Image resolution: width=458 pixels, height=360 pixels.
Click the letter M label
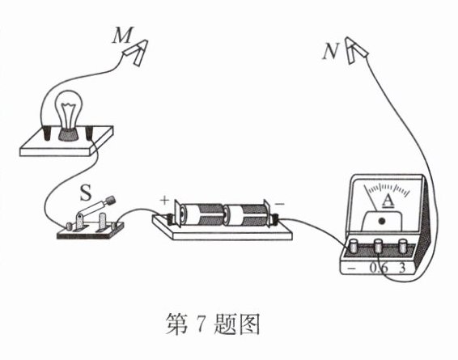coord(123,35)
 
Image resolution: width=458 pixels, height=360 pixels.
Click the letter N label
coord(330,53)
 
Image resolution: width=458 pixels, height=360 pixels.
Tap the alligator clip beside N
coord(355,50)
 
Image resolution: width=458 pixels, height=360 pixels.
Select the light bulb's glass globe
coord(70,108)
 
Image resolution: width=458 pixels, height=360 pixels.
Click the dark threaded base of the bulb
coord(69,134)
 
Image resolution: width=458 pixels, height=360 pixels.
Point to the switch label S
coord(86,193)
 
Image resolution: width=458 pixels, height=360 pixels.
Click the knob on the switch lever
coord(110,201)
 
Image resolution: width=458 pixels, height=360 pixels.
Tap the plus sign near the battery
coord(164,201)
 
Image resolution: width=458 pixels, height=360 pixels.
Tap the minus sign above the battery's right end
coord(279,204)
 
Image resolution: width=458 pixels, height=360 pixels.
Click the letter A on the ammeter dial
coord(388,201)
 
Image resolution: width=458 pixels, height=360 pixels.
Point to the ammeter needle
coord(370,197)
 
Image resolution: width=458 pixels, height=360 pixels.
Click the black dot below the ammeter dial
coord(381,221)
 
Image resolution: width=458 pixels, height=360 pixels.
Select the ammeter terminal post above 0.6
coord(379,246)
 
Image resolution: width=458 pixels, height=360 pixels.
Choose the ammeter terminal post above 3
coord(402,246)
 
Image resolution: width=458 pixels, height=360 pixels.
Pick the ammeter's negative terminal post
coord(354,246)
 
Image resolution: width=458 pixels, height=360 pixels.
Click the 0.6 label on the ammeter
coord(379,268)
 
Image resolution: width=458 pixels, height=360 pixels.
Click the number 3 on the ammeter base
coord(402,268)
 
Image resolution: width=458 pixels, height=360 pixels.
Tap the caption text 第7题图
coord(213,324)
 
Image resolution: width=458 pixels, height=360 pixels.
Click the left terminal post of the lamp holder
coord(46,133)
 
